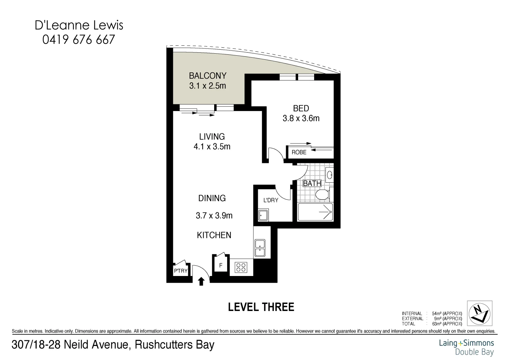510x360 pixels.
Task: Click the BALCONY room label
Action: pos(208,76)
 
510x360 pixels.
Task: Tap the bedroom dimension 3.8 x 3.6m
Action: pos(301,118)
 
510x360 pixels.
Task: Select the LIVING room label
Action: pos(212,137)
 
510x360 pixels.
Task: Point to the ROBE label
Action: pos(299,152)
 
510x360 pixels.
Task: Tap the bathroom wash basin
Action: pos(329,175)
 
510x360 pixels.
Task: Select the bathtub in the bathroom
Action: pos(315,212)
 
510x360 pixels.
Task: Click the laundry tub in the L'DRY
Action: pos(263,215)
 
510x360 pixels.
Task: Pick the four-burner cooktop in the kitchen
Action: pos(241,267)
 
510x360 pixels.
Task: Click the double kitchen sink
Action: pos(259,248)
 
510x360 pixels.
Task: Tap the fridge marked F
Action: pos(221,266)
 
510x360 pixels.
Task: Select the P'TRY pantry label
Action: pos(181,271)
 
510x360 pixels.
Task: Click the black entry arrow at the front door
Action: pos(201,282)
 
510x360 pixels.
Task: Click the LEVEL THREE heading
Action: pos(261,307)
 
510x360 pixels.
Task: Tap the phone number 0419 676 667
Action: pos(79,40)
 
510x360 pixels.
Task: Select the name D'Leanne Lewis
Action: pos(79,25)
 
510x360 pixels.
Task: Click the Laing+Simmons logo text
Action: pos(466,343)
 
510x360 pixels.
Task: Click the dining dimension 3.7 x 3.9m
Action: pos(214,216)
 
